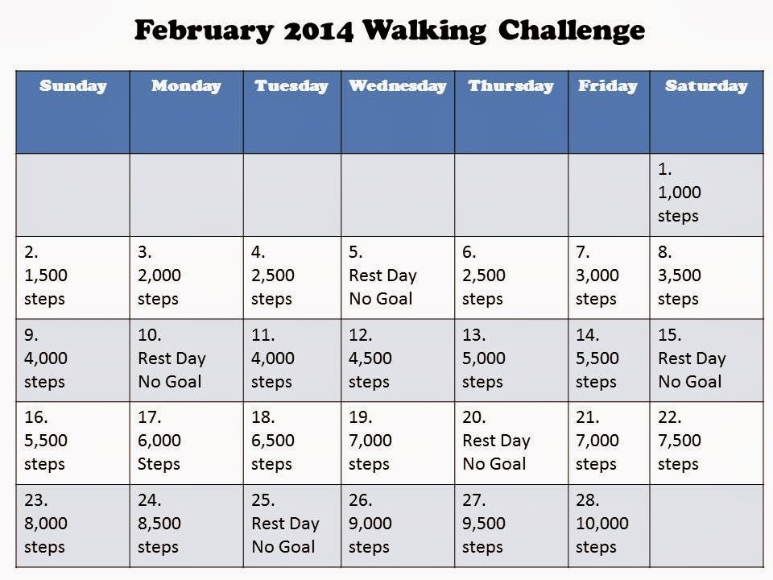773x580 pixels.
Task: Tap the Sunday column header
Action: (72, 86)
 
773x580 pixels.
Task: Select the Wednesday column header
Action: (397, 86)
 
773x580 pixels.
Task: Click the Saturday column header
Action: (705, 86)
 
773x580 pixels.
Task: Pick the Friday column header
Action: (607, 86)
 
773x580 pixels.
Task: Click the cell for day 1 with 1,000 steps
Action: (705, 193)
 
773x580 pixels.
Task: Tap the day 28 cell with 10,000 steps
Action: (607, 524)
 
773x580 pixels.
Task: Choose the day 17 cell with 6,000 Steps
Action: (186, 441)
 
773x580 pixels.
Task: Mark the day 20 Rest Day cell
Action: (511, 441)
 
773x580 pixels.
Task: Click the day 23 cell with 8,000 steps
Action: (72, 524)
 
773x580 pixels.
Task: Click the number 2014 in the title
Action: (317, 31)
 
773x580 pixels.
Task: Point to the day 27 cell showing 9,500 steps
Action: (511, 524)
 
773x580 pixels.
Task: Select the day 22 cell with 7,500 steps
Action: (705, 441)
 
